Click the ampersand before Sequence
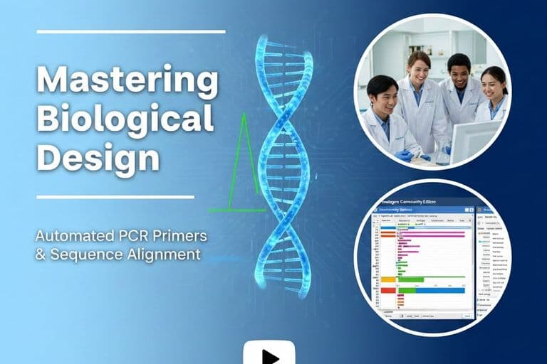[x=40, y=254]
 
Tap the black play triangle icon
[x=270, y=355]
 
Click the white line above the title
[x=130, y=31]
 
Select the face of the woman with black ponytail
[x=494, y=84]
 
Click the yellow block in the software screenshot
[x=388, y=279]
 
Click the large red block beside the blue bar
[x=388, y=289]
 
